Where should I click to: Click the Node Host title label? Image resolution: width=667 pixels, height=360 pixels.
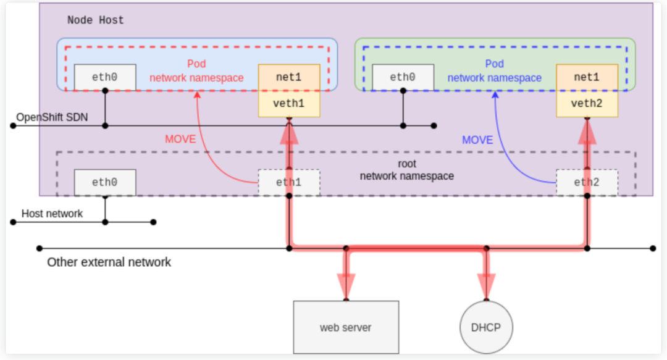click(96, 20)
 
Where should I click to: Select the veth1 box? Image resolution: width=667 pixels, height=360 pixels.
click(289, 104)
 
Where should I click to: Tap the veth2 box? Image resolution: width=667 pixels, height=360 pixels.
click(587, 104)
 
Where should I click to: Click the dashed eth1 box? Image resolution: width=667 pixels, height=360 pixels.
click(289, 183)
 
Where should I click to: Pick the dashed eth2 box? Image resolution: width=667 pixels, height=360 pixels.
click(587, 183)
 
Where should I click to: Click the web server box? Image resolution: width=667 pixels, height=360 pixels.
click(346, 327)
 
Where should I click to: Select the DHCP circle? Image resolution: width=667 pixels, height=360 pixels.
click(487, 327)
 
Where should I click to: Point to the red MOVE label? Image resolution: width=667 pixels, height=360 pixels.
click(180, 140)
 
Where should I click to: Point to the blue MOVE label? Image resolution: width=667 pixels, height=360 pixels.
click(478, 140)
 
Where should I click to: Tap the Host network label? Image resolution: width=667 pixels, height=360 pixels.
click(52, 214)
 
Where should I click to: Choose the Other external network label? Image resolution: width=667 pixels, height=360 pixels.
click(109, 262)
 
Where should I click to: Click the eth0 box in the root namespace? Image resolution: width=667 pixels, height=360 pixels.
click(104, 183)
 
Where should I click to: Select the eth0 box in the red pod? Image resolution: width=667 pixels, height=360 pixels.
click(104, 77)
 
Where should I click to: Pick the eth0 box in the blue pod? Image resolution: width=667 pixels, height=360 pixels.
click(403, 77)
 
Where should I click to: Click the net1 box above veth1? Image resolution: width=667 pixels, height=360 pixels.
click(289, 78)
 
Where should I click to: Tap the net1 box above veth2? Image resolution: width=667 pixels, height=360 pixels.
click(587, 78)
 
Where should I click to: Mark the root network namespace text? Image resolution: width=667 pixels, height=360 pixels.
click(407, 170)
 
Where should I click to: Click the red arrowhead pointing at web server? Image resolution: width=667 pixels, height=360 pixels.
click(346, 286)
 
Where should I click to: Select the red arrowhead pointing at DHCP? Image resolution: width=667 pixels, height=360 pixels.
click(487, 286)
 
